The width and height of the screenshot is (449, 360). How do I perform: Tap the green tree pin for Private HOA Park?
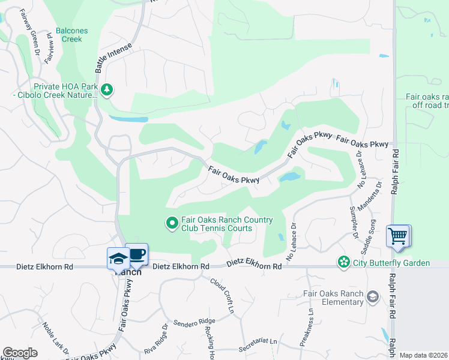(107, 90)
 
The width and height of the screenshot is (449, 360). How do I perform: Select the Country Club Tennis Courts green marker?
(172, 223)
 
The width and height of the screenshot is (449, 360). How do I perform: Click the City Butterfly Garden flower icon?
(343, 262)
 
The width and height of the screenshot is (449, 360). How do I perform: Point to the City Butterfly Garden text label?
(391, 263)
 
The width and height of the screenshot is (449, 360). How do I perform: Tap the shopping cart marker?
(398, 235)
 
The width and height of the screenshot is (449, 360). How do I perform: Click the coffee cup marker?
(136, 254)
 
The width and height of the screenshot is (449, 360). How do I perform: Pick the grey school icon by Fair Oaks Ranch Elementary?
(372, 297)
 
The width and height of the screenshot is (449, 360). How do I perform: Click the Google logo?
(20, 353)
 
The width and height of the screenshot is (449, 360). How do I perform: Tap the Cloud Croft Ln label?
(222, 295)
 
